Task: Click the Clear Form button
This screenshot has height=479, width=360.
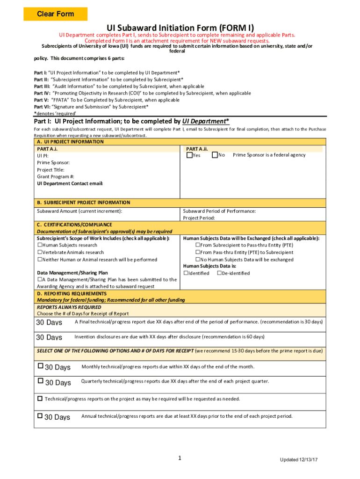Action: click(56, 14)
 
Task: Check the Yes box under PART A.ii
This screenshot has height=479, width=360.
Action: click(189, 155)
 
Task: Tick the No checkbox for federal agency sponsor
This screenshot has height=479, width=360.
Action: click(215, 155)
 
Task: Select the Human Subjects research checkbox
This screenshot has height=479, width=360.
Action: click(40, 245)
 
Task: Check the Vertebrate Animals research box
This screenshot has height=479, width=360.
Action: click(40, 252)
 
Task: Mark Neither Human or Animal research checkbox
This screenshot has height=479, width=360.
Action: click(40, 260)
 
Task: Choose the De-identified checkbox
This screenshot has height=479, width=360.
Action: click(219, 273)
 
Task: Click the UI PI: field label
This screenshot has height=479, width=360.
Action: click(43, 156)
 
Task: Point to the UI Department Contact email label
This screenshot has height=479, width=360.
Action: click(70, 184)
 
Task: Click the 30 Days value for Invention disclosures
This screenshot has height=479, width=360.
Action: click(49, 337)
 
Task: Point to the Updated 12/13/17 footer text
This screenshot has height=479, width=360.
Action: click(299, 460)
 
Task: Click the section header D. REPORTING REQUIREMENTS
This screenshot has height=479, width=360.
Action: click(72, 294)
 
